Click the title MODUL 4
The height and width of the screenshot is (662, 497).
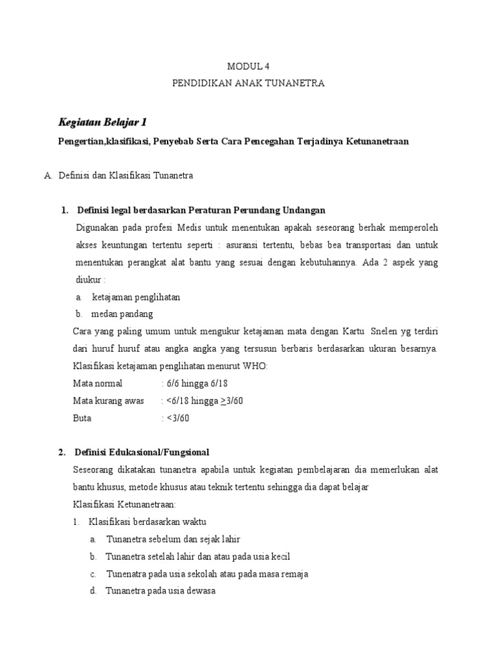tap(248, 67)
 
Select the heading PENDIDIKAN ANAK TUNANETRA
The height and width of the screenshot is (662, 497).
tap(248, 83)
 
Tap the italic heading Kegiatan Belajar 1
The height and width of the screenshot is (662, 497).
tap(103, 122)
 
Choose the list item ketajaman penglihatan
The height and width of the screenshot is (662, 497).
tap(136, 297)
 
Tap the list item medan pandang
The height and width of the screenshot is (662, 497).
tap(122, 314)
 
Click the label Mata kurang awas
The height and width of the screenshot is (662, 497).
tap(108, 401)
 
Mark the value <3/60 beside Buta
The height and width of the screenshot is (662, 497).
tap(177, 418)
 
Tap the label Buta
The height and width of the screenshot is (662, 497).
tap(82, 418)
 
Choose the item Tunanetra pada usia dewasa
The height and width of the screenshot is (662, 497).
tap(160, 591)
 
